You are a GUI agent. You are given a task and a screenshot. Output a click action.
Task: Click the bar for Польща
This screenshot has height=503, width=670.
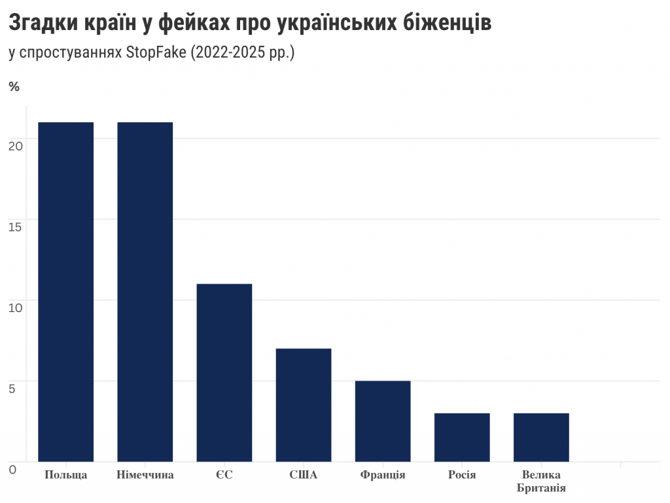pos(65,292)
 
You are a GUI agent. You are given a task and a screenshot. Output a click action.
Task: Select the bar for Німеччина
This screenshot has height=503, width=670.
pos(145,292)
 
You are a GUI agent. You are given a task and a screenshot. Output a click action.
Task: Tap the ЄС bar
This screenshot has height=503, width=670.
pos(224,373)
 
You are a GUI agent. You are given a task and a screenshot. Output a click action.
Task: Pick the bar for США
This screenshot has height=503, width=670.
pos(304,405)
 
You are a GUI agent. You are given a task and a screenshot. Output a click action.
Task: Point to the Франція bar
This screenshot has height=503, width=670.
pos(383,421)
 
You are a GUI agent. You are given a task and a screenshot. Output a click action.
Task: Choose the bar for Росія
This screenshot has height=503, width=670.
pos(462,437)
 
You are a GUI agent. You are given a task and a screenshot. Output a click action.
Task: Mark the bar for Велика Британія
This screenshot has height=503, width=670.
pos(541,437)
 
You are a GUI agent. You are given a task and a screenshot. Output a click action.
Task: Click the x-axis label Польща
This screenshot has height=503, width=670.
pos(65,475)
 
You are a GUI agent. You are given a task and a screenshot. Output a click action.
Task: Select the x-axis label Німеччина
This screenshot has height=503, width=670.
pos(145,475)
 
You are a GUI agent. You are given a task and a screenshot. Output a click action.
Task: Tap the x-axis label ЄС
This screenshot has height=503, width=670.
pos(224,475)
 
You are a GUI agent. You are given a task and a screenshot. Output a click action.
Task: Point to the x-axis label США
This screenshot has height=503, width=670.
pos(304,475)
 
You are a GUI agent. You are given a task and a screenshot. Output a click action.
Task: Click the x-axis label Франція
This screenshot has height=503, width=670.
pos(383,475)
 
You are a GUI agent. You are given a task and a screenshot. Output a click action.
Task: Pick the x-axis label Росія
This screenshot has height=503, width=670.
pos(462,475)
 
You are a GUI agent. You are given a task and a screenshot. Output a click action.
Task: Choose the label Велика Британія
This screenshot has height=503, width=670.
pos(541,481)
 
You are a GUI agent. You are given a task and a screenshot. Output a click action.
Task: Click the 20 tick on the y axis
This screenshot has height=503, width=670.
pos(16,145)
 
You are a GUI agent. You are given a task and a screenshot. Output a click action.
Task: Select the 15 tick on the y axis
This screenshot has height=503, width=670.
pos(16,226)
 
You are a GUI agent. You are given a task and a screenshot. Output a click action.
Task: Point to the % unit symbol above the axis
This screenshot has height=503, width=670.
pos(14,86)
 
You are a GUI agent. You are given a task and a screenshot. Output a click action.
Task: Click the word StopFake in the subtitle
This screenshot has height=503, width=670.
pos(155,53)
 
